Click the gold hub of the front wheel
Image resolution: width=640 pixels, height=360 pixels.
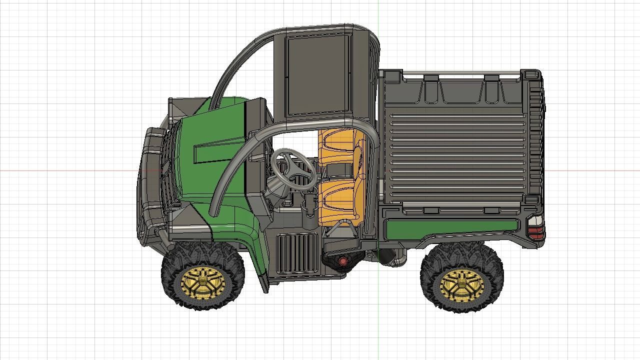pos(202,283)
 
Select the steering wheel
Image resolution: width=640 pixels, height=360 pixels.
pos(293,168)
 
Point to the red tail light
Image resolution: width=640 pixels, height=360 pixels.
pos(535,231)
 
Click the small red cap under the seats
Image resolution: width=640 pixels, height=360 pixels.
pos(343,261)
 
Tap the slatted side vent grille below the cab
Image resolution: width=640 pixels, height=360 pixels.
pos(297,253)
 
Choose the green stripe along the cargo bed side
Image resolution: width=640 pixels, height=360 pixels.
pos(450,228)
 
